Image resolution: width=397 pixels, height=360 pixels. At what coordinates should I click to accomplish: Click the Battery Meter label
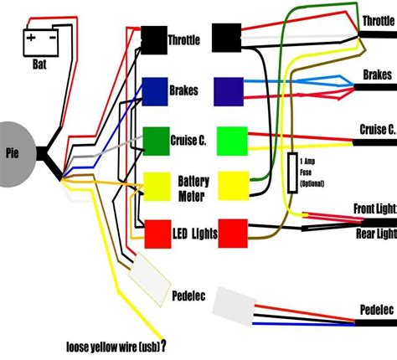point(193,188)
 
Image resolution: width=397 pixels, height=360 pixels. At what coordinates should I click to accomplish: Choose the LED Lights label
point(195,230)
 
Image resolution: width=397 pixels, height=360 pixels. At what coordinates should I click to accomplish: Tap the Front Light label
point(374,208)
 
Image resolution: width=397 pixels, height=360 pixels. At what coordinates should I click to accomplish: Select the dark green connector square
point(156,139)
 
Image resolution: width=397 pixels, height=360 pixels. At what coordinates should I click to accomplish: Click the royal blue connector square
point(156,89)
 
